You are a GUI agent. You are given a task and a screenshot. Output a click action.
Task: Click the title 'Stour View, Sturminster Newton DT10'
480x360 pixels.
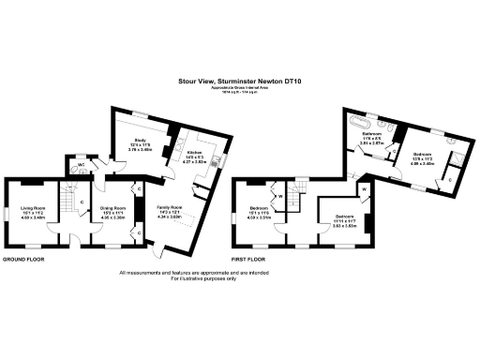coord(239,82)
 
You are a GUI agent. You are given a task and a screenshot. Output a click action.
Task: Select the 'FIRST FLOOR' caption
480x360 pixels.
coord(251,257)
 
